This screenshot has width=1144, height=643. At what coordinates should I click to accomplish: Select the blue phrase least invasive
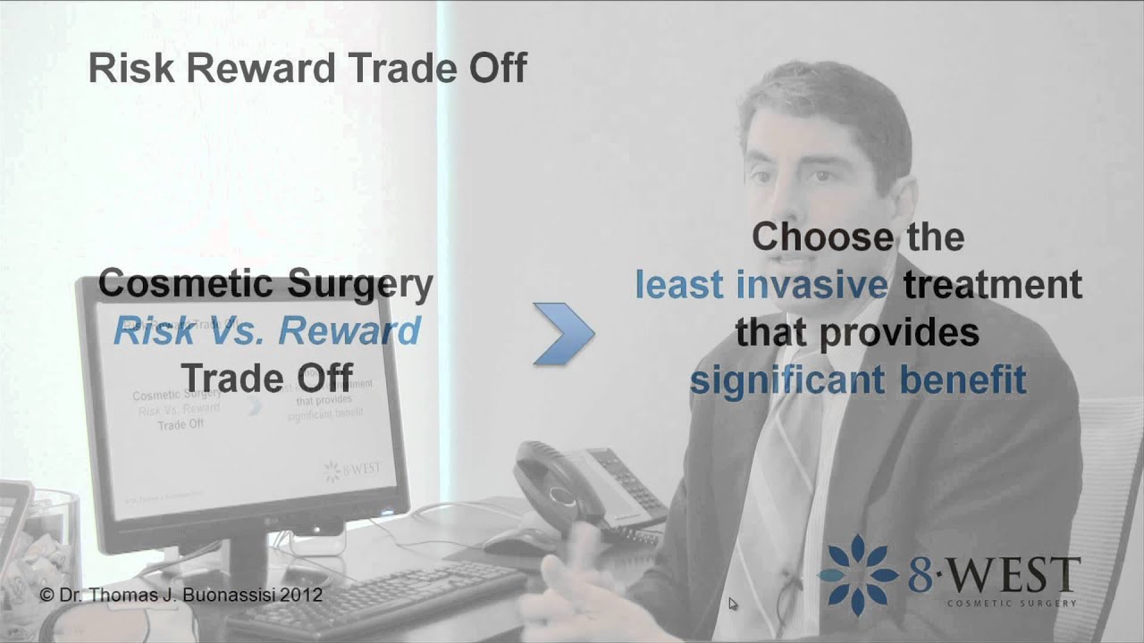tap(761, 286)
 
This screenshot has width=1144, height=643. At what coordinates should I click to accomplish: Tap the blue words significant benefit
tap(857, 380)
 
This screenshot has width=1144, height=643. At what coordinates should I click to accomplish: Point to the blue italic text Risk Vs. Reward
tap(266, 331)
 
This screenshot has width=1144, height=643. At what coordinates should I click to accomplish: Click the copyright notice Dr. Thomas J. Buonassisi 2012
tap(181, 595)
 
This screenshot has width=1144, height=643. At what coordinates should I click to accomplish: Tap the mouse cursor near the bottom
tap(733, 605)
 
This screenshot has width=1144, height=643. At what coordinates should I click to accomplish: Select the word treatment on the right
tap(992, 286)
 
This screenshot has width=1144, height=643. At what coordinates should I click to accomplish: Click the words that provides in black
tap(857, 333)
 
